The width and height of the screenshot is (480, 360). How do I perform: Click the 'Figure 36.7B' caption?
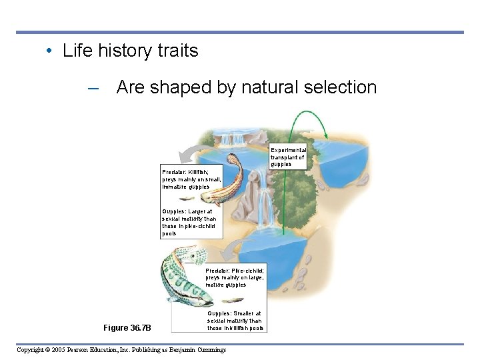(x=127, y=327)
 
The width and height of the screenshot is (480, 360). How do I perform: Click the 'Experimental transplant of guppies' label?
(x=287, y=157)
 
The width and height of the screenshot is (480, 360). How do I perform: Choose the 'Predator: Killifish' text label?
(x=191, y=179)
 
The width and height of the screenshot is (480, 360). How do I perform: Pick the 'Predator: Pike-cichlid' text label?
(x=235, y=277)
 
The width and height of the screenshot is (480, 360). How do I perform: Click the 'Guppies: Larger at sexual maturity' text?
(x=189, y=223)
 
